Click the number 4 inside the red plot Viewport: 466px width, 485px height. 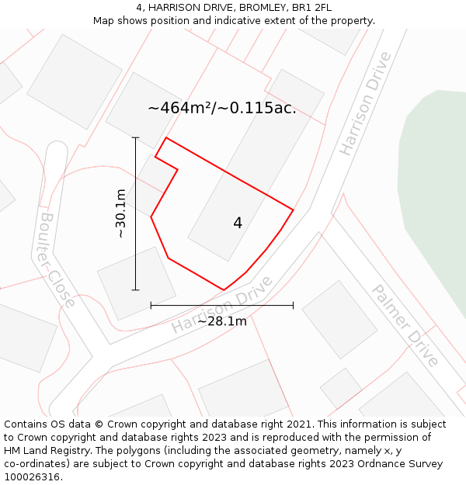coord(238,223)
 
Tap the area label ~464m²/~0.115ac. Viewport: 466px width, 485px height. coord(222,108)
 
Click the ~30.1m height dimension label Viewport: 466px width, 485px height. coord(120,213)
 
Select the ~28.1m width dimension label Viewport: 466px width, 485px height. coord(221,321)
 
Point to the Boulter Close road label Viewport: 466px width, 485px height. coord(57,260)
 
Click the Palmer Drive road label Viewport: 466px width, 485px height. coord(405,325)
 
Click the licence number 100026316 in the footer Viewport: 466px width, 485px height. coord(33,476)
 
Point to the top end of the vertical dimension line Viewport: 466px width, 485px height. coord(135,138)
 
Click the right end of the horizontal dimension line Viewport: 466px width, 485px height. coord(293,306)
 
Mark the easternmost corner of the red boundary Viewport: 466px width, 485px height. coord(293,210)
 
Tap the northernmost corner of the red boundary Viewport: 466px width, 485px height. coord(166,138)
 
